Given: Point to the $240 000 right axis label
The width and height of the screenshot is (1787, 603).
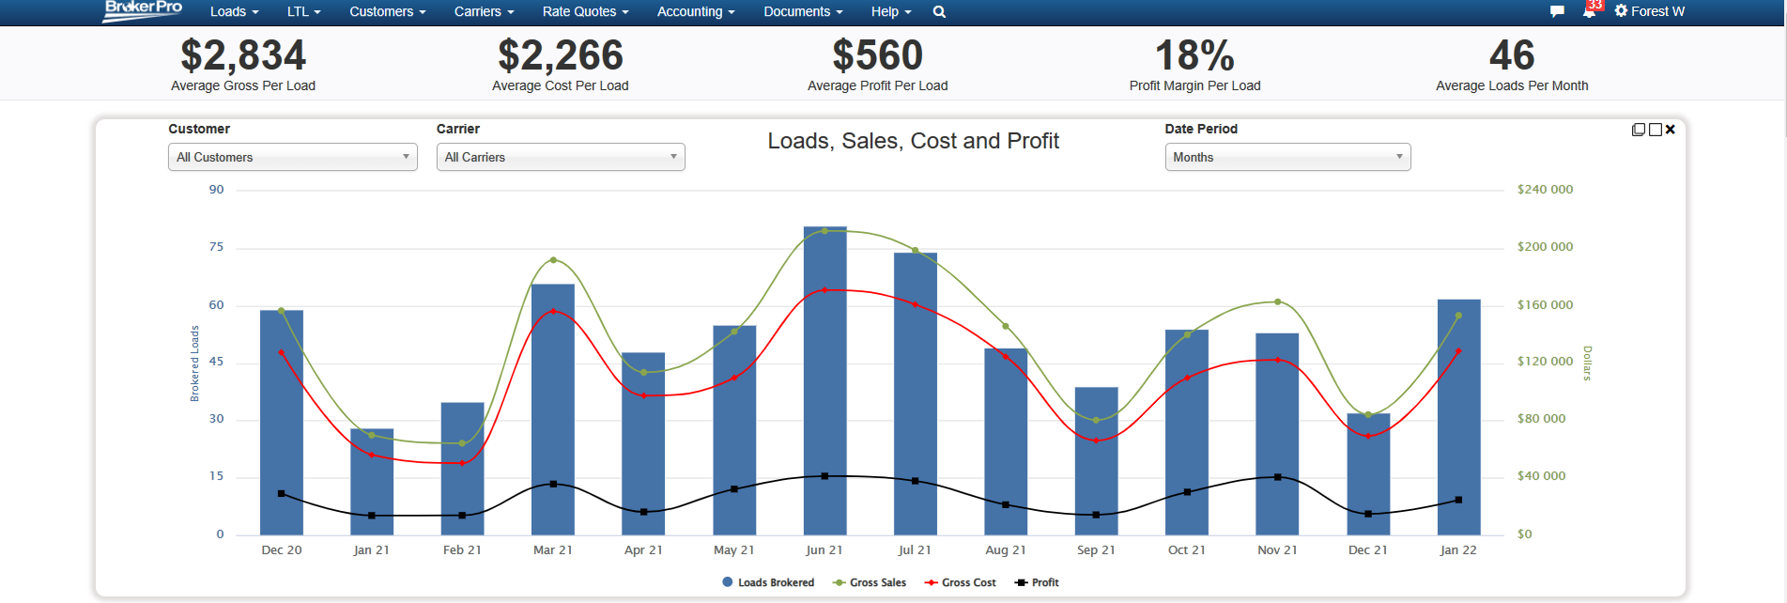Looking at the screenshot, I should [1545, 190].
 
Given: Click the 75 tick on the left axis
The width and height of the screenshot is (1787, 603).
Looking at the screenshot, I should [217, 247].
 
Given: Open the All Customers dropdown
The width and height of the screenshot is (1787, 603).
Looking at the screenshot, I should [292, 157].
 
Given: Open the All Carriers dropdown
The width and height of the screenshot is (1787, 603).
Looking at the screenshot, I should [561, 157].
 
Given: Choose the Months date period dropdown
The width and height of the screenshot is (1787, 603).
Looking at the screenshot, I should [1287, 157].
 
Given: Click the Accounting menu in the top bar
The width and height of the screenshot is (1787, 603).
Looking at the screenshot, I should [695, 11].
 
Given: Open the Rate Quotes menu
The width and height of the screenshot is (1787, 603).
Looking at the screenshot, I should [585, 11].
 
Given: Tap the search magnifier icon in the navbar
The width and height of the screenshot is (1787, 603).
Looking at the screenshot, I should [939, 12].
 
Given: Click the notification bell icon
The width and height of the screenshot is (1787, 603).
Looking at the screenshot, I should [1589, 11].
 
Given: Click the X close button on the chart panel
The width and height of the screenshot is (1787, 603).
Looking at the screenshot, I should [1671, 130].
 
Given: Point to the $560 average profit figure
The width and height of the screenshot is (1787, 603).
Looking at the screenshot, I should [877, 55].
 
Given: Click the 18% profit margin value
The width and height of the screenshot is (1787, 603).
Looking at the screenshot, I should [1194, 55].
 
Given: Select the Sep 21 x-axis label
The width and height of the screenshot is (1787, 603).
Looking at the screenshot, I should [1096, 550].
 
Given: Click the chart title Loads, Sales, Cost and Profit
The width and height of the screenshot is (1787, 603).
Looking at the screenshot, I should [913, 141].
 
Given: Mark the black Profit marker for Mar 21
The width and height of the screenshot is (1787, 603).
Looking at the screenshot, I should [553, 484].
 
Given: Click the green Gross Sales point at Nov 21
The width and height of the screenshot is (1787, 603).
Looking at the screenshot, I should [1277, 301].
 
